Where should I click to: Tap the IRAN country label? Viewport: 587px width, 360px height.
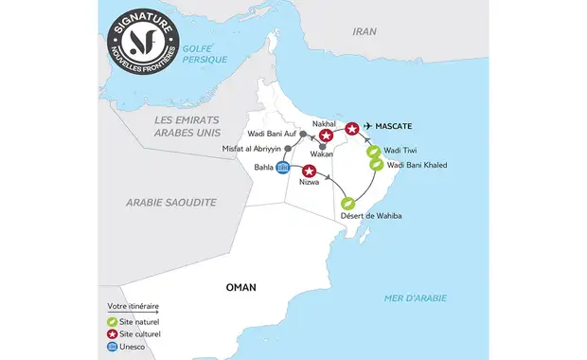(x=365, y=31)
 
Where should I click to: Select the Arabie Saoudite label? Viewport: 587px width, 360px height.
(x=171, y=202)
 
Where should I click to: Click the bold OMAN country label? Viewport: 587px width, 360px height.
(x=241, y=286)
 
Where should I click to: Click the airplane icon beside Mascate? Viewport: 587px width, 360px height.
(x=368, y=127)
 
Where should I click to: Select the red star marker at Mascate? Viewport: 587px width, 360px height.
(x=352, y=128)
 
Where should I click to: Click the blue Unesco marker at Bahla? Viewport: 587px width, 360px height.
(x=282, y=169)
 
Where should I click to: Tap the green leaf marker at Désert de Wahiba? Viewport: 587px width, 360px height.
(x=347, y=203)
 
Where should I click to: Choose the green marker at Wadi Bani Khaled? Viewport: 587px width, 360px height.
(x=377, y=165)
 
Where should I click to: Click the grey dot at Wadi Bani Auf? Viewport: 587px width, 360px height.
(x=302, y=135)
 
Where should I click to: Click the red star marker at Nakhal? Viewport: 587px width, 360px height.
(x=326, y=137)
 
